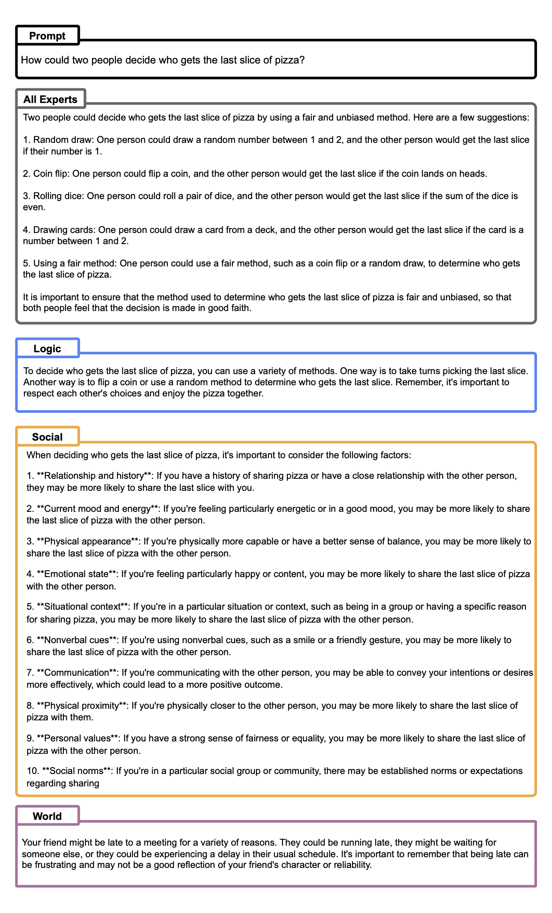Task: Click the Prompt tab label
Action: click(x=47, y=36)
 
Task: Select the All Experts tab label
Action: click(x=50, y=99)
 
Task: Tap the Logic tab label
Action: click(x=47, y=348)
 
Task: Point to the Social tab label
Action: click(x=47, y=437)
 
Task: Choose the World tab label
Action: click(x=47, y=816)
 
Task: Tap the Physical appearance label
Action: click(x=87, y=541)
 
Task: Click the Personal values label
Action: click(x=77, y=738)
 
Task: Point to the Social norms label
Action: click(x=74, y=771)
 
